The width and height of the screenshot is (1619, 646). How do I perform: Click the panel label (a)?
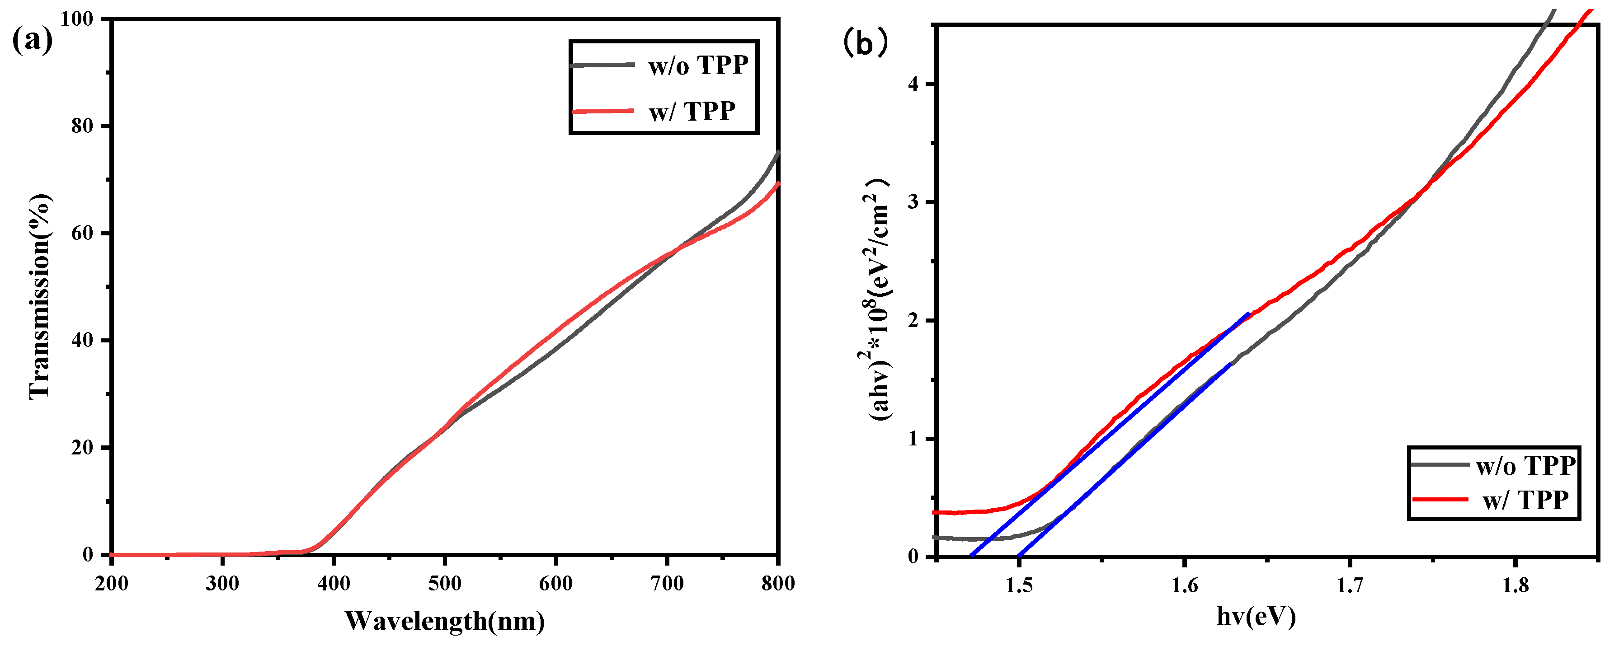coord(33,42)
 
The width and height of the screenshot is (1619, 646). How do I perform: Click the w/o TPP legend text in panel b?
coord(1525,466)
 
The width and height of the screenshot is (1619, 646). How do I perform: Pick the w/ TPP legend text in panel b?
coord(1525,500)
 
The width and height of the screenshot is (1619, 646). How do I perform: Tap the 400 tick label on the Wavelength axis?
coord(334,583)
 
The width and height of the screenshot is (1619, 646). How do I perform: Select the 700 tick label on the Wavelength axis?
coord(667,583)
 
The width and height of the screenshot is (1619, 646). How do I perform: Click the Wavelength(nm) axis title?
coord(445,621)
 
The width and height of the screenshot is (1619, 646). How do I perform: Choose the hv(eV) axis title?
coord(1256,617)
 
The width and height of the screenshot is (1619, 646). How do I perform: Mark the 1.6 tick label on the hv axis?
coord(1184,585)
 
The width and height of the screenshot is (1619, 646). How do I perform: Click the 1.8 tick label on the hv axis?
coord(1515,585)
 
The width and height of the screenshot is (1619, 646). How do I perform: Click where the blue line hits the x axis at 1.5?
coord(1018,556)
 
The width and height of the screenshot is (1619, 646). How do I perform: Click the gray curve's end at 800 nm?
coord(778,153)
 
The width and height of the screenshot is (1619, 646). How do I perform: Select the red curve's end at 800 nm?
coord(778,183)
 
